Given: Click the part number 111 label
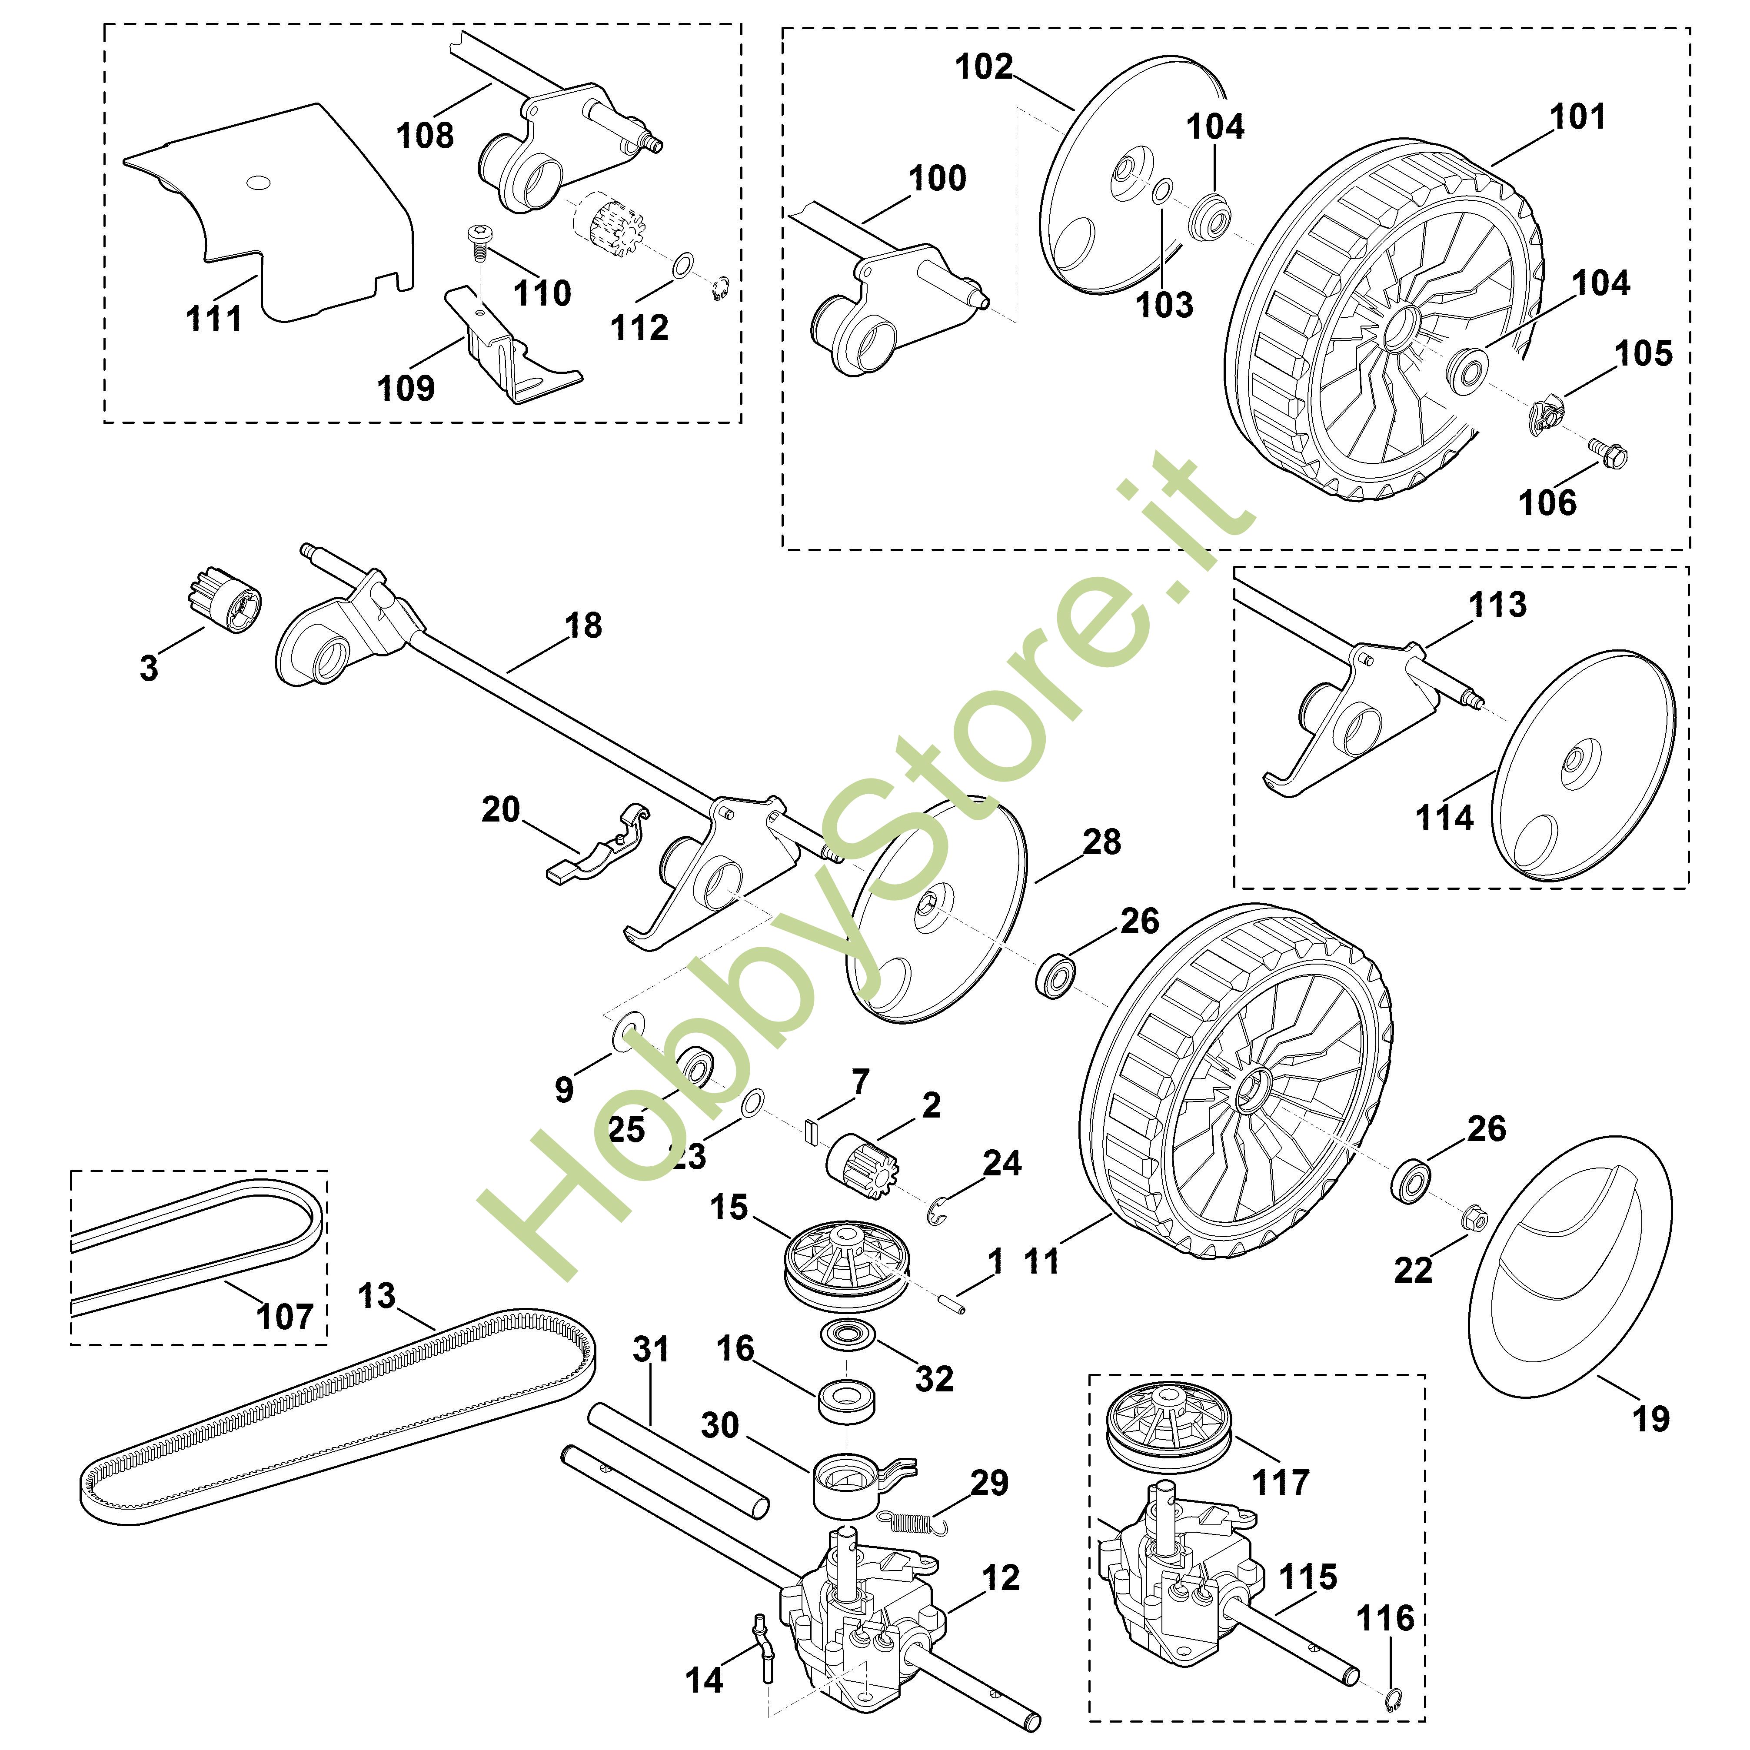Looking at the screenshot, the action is pyautogui.click(x=214, y=319).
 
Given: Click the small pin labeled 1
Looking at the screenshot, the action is pyautogui.click(x=951, y=1304).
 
